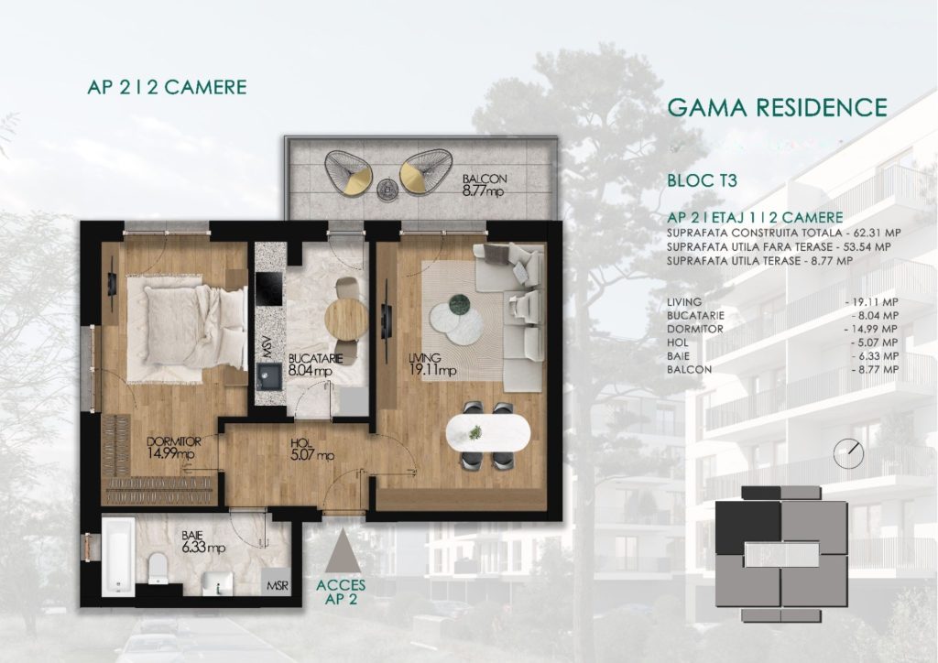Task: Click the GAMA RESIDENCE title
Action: (x=777, y=108)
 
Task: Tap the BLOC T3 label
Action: (x=703, y=180)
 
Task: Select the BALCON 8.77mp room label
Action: (x=484, y=185)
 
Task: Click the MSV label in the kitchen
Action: (x=266, y=350)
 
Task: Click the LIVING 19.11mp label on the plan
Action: (x=432, y=364)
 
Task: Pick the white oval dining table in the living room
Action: (x=488, y=433)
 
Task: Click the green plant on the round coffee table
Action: (x=460, y=303)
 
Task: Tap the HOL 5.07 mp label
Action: (x=311, y=450)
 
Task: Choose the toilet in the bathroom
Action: (x=158, y=567)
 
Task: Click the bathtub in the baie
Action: (x=118, y=557)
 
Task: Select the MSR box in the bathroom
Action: (x=277, y=585)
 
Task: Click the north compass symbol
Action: (x=848, y=452)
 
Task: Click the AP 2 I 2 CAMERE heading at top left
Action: (x=167, y=87)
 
